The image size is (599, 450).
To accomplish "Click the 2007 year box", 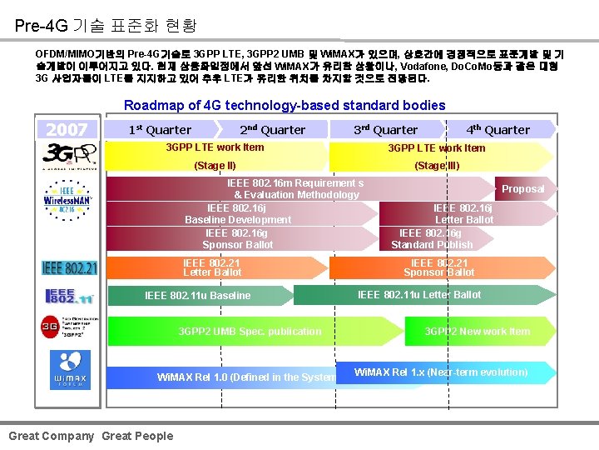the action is (x=67, y=129).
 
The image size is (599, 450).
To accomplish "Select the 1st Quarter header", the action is (x=160, y=129).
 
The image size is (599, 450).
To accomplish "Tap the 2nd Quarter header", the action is (x=272, y=129).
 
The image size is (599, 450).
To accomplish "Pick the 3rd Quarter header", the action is (x=385, y=129).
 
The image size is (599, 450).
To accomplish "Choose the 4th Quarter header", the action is (x=498, y=129).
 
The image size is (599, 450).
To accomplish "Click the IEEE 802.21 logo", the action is (x=69, y=267).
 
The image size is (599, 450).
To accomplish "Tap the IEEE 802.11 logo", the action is (x=70, y=296).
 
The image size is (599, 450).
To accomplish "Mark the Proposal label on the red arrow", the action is (x=522, y=189).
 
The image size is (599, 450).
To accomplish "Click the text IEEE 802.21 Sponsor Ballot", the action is (x=439, y=267).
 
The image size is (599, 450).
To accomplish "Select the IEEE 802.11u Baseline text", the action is (x=197, y=295).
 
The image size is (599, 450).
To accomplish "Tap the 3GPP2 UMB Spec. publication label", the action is (x=250, y=332).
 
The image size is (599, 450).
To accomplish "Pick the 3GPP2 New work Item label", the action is (x=477, y=332).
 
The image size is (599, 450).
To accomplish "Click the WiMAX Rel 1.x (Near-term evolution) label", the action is (x=441, y=372).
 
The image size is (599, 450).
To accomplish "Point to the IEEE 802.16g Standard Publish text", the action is (x=432, y=239).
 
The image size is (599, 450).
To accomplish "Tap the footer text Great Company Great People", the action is (x=91, y=436).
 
